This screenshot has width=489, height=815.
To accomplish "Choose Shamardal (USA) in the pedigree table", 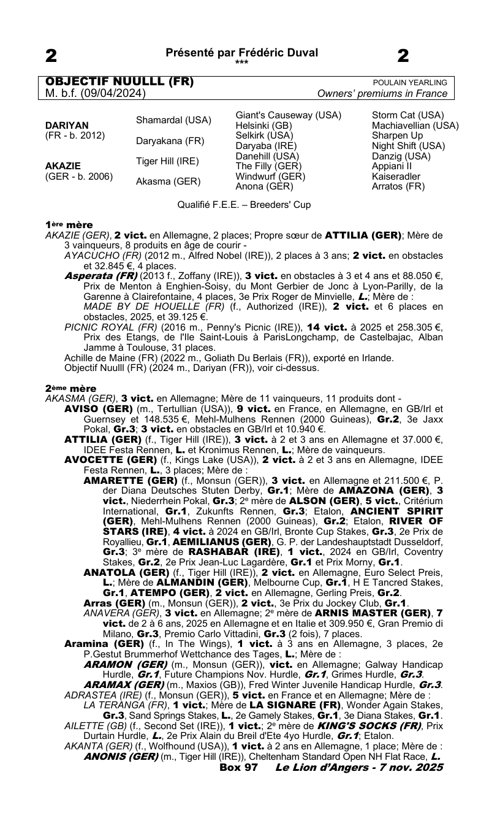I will coord(173,120).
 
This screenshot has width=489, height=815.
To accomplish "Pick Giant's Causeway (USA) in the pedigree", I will coord(289,115).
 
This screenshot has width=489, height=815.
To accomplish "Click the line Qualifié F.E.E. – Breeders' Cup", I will coord(244,205).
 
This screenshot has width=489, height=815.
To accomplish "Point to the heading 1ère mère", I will coord(69,225).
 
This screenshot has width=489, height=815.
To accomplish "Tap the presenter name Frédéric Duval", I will coord(279,53).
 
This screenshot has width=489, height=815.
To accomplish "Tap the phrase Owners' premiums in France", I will coord(382,94).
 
